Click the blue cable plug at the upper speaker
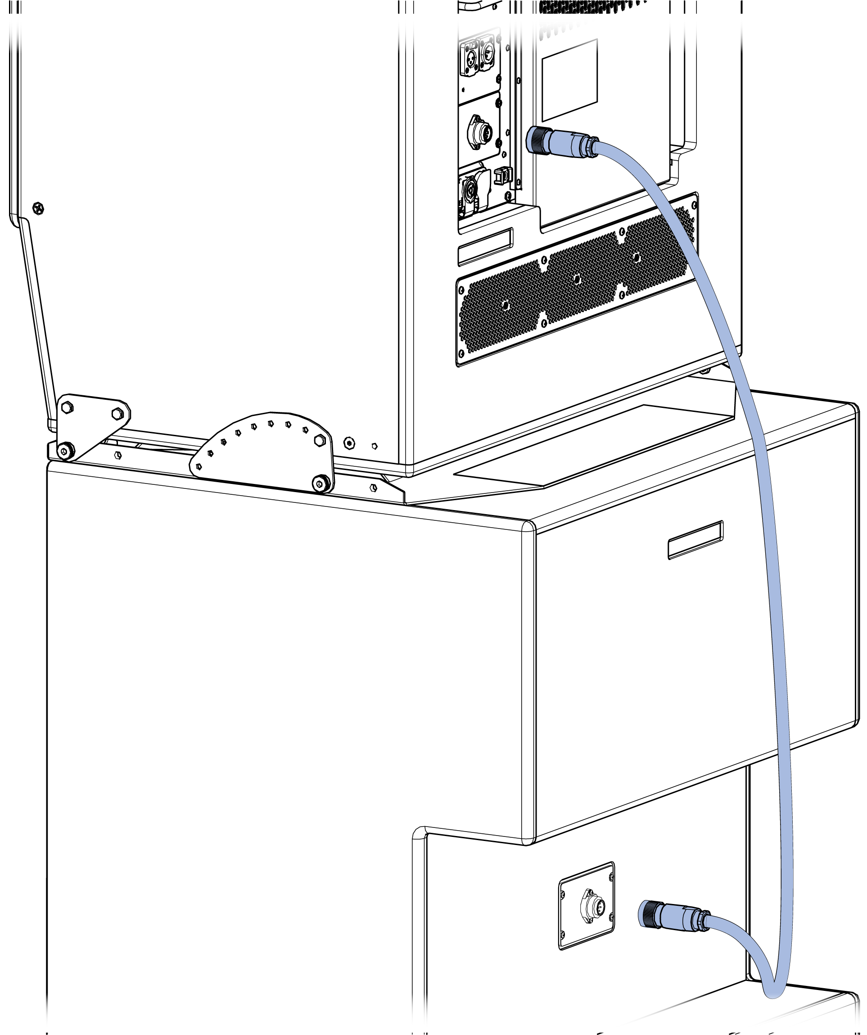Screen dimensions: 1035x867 [x=562, y=141]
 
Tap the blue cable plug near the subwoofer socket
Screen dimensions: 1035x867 [x=673, y=916]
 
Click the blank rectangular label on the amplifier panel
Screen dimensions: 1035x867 [x=569, y=80]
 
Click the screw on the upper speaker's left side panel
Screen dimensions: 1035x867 [x=38, y=208]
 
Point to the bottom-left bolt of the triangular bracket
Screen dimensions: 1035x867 [x=65, y=451]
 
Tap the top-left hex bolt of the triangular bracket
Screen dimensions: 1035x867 [x=68, y=407]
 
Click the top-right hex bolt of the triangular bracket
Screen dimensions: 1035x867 [x=117, y=413]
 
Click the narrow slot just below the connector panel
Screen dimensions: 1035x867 [x=486, y=246]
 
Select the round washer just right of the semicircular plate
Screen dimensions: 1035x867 [x=349, y=443]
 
